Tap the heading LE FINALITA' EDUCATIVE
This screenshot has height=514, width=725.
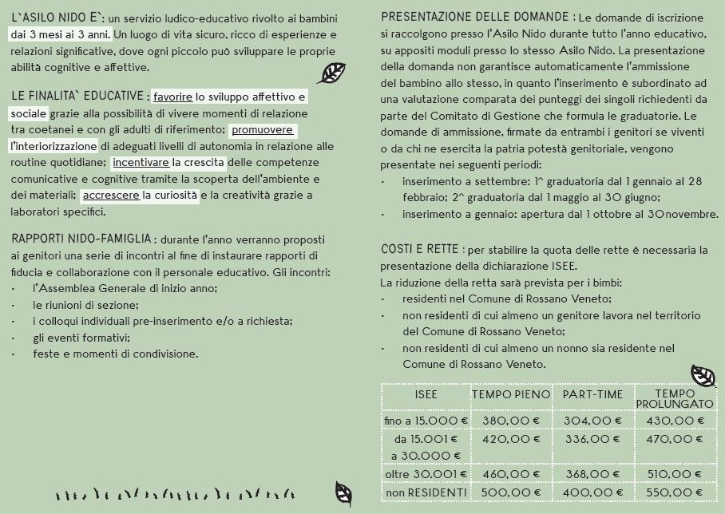pyautogui.click(x=78, y=97)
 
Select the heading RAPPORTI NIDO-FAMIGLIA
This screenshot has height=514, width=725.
pyautogui.click(x=81, y=239)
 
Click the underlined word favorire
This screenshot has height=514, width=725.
pyautogui.click(x=173, y=97)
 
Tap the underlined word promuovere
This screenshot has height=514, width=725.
pyautogui.click(x=262, y=130)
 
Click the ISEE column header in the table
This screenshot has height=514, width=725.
pyautogui.click(x=426, y=394)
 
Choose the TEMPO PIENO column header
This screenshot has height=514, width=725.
pyautogui.click(x=511, y=394)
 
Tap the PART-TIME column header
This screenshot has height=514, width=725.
pyautogui.click(x=592, y=394)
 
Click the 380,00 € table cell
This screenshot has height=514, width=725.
pyautogui.click(x=511, y=421)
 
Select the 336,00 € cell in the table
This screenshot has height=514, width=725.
pyautogui.click(x=592, y=439)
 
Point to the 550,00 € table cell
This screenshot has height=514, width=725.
pyautogui.click(x=674, y=492)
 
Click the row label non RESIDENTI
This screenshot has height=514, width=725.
pyautogui.click(x=426, y=492)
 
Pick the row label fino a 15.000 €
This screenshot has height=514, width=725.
pyautogui.click(x=426, y=421)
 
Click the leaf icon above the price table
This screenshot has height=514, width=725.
pyautogui.click(x=703, y=374)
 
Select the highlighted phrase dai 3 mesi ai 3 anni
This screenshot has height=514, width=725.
pyautogui.click(x=61, y=34)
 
